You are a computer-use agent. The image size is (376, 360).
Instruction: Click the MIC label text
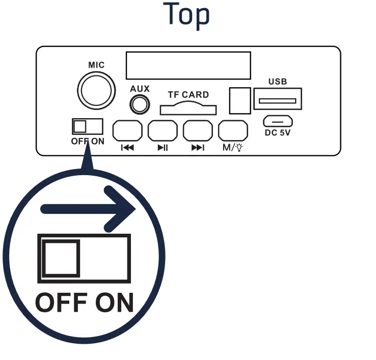[x=96, y=65]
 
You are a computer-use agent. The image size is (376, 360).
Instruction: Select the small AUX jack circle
[x=140, y=105]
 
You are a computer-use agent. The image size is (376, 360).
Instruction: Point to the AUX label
[x=140, y=89]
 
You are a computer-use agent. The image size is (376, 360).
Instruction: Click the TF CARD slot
[x=189, y=108]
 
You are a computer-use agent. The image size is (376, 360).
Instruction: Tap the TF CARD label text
[x=189, y=95]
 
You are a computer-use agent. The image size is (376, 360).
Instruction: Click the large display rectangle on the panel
[x=189, y=65]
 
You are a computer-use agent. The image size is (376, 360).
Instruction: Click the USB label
[x=278, y=81]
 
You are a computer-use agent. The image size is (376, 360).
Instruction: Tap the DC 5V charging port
[x=278, y=121]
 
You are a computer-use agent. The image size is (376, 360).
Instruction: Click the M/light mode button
[x=233, y=131]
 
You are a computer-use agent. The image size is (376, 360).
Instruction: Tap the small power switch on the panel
[x=88, y=126]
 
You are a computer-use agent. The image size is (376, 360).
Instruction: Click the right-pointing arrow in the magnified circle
[x=89, y=208]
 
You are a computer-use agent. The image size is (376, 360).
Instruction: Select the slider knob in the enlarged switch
[x=61, y=259]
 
